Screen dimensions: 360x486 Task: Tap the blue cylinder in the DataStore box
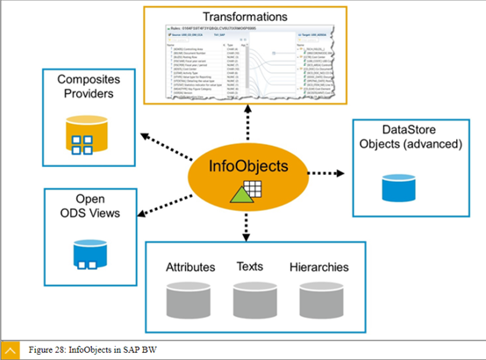[x=403, y=187]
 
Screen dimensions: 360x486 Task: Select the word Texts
[x=254, y=266]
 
